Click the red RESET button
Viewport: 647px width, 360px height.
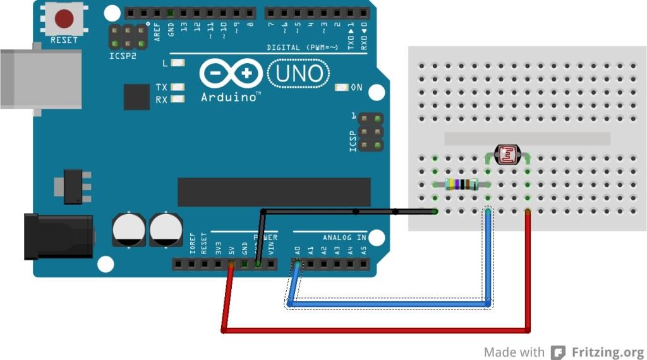63,18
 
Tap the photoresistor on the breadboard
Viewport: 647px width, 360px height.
507,155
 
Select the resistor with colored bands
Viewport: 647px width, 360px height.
461,184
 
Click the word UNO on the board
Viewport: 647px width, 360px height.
299,74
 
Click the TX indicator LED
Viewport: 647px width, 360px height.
178,88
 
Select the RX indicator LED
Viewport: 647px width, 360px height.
178,99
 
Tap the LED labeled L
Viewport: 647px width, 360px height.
178,63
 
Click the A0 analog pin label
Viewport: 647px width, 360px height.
297,249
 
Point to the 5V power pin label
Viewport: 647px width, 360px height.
231,248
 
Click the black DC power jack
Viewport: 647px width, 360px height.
58,236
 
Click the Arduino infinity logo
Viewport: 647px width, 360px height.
231,74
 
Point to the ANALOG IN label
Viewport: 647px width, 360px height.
344,237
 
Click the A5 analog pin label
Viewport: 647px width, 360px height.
363,249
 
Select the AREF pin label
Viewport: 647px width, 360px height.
157,31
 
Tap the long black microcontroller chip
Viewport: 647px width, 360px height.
274,192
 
